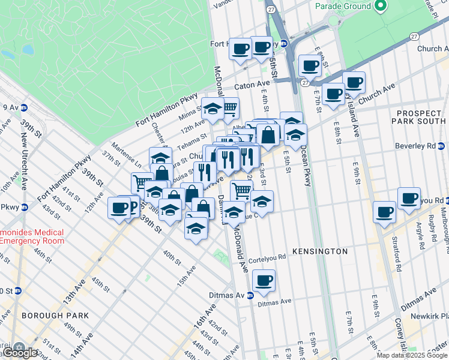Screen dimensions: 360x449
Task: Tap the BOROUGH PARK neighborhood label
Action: [55, 315]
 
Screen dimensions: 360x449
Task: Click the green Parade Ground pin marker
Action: [379, 6]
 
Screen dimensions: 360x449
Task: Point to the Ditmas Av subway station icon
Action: [250, 295]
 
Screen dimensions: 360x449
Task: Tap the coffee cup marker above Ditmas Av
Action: [264, 280]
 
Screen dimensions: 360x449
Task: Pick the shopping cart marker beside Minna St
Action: [230, 109]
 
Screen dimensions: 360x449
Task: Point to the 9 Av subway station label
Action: [10, 107]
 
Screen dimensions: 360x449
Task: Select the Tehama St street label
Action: [195, 139]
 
